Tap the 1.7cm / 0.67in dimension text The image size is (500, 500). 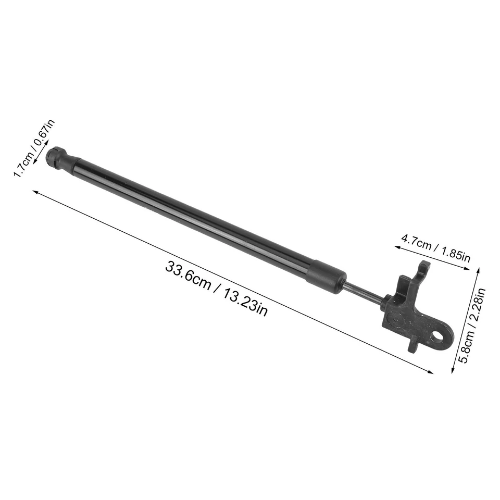(x=34, y=147)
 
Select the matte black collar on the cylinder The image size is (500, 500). (x=326, y=274)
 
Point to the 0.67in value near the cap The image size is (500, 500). (x=45, y=134)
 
